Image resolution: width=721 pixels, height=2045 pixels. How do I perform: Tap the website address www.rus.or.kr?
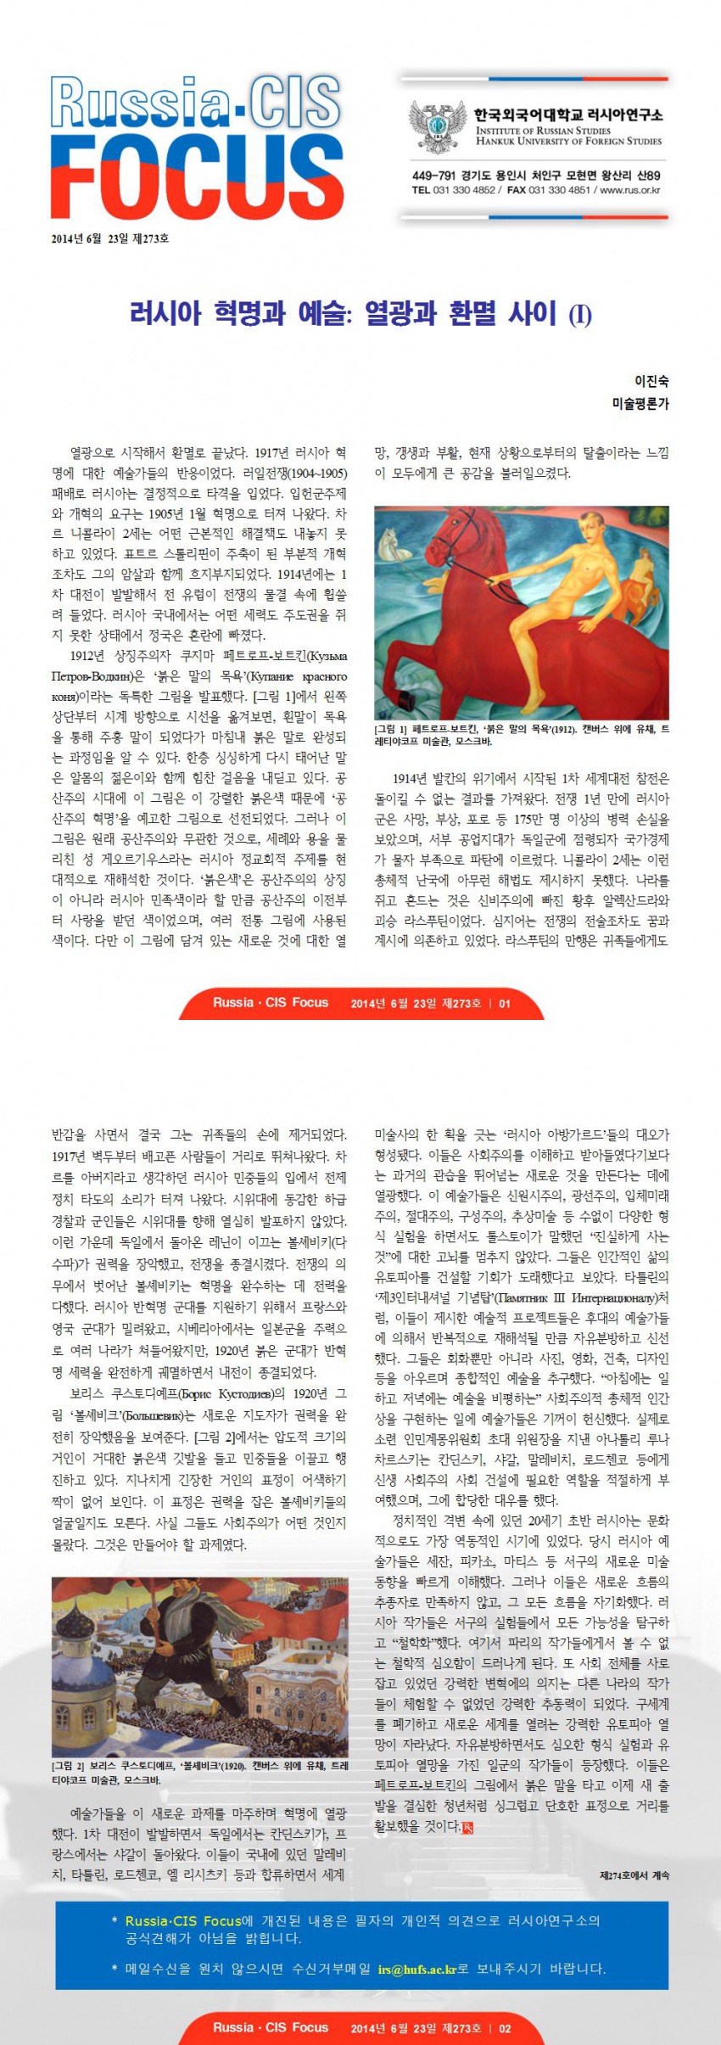click(630, 191)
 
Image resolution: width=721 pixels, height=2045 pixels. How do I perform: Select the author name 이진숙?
click(651, 382)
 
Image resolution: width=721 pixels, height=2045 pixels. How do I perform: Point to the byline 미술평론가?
click(640, 404)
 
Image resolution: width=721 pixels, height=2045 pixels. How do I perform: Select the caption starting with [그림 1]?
click(522, 735)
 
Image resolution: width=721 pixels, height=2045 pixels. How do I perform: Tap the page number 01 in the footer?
click(505, 1003)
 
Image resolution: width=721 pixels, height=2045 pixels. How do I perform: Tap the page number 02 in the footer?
click(505, 2028)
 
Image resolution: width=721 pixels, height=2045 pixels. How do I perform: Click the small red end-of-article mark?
click(467, 1827)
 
